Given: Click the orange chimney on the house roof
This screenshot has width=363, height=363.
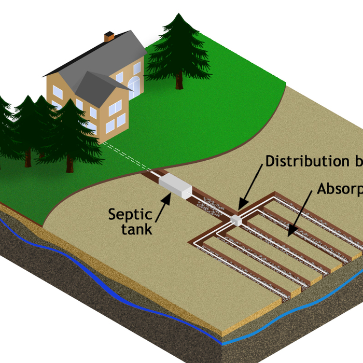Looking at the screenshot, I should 109,36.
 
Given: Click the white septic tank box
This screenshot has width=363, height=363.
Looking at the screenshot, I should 175,186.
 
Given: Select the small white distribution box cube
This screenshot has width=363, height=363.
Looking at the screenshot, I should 236,219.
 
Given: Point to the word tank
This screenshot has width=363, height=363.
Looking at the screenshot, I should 136,229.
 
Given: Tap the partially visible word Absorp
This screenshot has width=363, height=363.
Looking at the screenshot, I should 340,188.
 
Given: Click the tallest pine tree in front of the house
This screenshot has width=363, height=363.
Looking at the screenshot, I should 70,130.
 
